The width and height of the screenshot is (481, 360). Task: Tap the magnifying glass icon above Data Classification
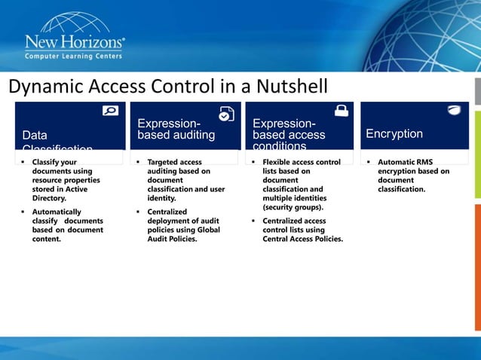(110, 111)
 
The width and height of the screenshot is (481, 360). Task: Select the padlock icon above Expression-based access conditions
(342, 111)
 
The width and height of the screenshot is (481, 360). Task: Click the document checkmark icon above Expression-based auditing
(226, 114)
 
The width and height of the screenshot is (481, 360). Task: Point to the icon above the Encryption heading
(455, 111)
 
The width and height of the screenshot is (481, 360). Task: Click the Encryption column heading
(394, 134)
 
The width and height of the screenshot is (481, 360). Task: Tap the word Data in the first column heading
(35, 136)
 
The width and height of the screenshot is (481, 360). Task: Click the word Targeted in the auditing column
(164, 162)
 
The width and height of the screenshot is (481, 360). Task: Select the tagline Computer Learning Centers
(75, 57)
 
